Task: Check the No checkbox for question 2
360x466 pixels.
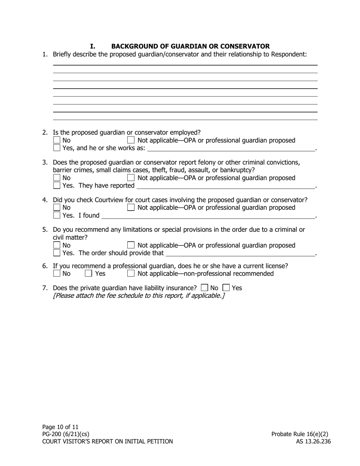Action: coord(57,141)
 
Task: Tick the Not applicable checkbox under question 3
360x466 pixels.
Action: coord(131,178)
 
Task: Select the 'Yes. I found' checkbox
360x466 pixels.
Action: coord(57,216)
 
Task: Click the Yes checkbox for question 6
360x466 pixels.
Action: coord(88,274)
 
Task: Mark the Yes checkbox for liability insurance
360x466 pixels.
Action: coord(226,288)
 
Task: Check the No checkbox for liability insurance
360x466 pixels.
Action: coord(205,288)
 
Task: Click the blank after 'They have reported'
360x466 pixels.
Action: coord(225,186)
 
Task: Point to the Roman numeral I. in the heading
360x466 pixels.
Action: coord(92,46)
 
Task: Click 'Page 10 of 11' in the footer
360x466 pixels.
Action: coord(60,427)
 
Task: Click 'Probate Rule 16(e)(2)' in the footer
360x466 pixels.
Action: coord(300,434)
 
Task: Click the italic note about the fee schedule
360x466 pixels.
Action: coord(139,296)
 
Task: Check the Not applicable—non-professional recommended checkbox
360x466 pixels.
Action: coord(131,274)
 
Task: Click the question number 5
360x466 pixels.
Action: coord(45,230)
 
